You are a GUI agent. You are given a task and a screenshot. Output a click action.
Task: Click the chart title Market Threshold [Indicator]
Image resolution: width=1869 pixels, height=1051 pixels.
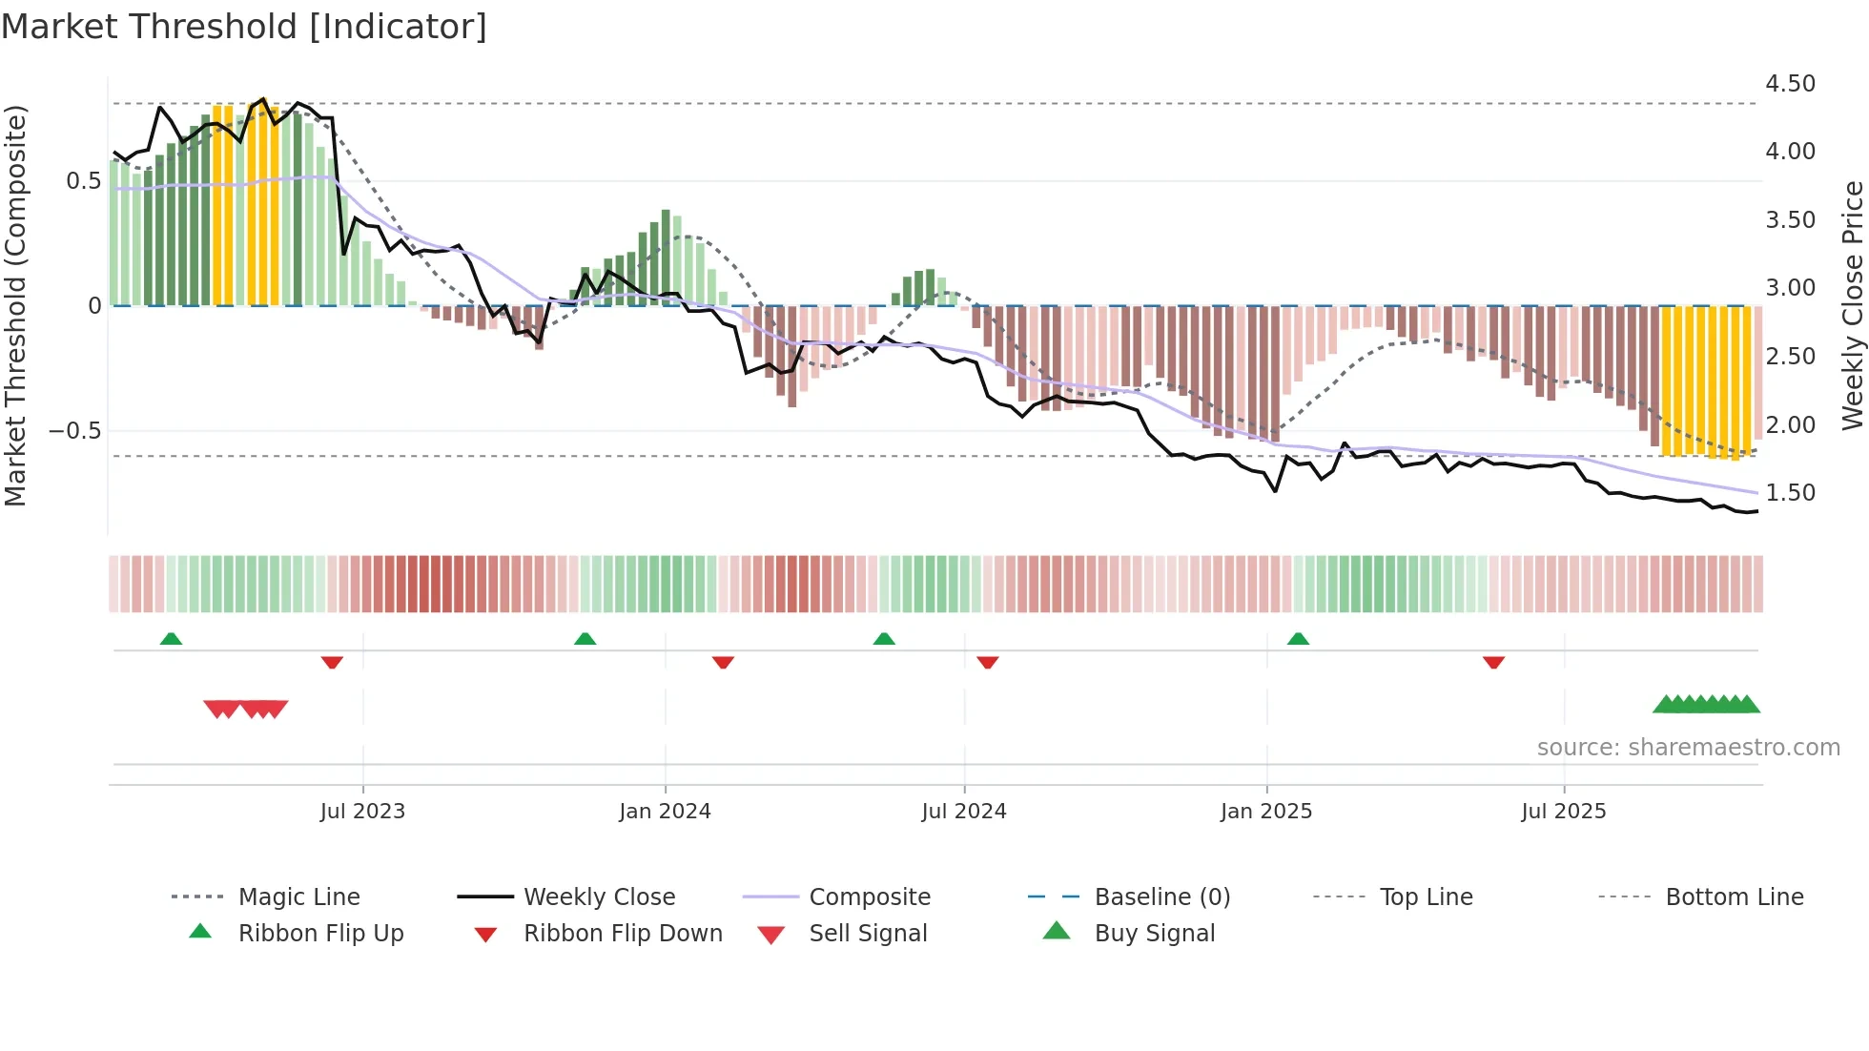(x=244, y=27)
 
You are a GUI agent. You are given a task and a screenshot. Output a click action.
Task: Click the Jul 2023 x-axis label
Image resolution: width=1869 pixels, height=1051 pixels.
(x=362, y=812)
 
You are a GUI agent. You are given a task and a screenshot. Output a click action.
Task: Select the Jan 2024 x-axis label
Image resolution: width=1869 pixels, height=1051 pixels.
(x=665, y=812)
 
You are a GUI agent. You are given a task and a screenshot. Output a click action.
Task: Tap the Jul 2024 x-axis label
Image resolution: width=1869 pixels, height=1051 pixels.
(x=963, y=812)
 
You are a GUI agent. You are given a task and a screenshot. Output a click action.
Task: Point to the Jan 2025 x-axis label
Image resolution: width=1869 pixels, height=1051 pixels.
(x=1265, y=812)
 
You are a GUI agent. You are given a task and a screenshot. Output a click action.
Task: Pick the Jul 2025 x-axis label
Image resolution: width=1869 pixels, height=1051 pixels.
(x=1563, y=812)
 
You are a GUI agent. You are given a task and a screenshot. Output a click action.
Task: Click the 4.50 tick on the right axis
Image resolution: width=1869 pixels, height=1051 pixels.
(x=1790, y=84)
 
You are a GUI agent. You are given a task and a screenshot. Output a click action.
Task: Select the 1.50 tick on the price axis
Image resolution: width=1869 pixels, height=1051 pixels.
(x=1790, y=493)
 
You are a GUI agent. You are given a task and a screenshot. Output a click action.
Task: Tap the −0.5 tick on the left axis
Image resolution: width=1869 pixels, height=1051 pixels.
(x=74, y=431)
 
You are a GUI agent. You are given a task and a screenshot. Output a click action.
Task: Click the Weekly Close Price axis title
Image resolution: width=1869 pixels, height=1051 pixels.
(x=1852, y=305)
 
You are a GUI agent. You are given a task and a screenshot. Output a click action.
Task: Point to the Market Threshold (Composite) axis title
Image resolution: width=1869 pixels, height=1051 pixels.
(x=15, y=305)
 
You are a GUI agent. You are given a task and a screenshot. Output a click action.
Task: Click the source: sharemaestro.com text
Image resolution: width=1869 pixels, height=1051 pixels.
(x=1688, y=748)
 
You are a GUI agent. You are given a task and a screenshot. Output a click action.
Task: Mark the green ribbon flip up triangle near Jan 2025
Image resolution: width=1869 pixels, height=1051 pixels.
(x=1298, y=639)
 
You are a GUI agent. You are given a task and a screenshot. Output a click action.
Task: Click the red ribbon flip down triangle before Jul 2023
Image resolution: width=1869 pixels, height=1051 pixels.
(x=332, y=662)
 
